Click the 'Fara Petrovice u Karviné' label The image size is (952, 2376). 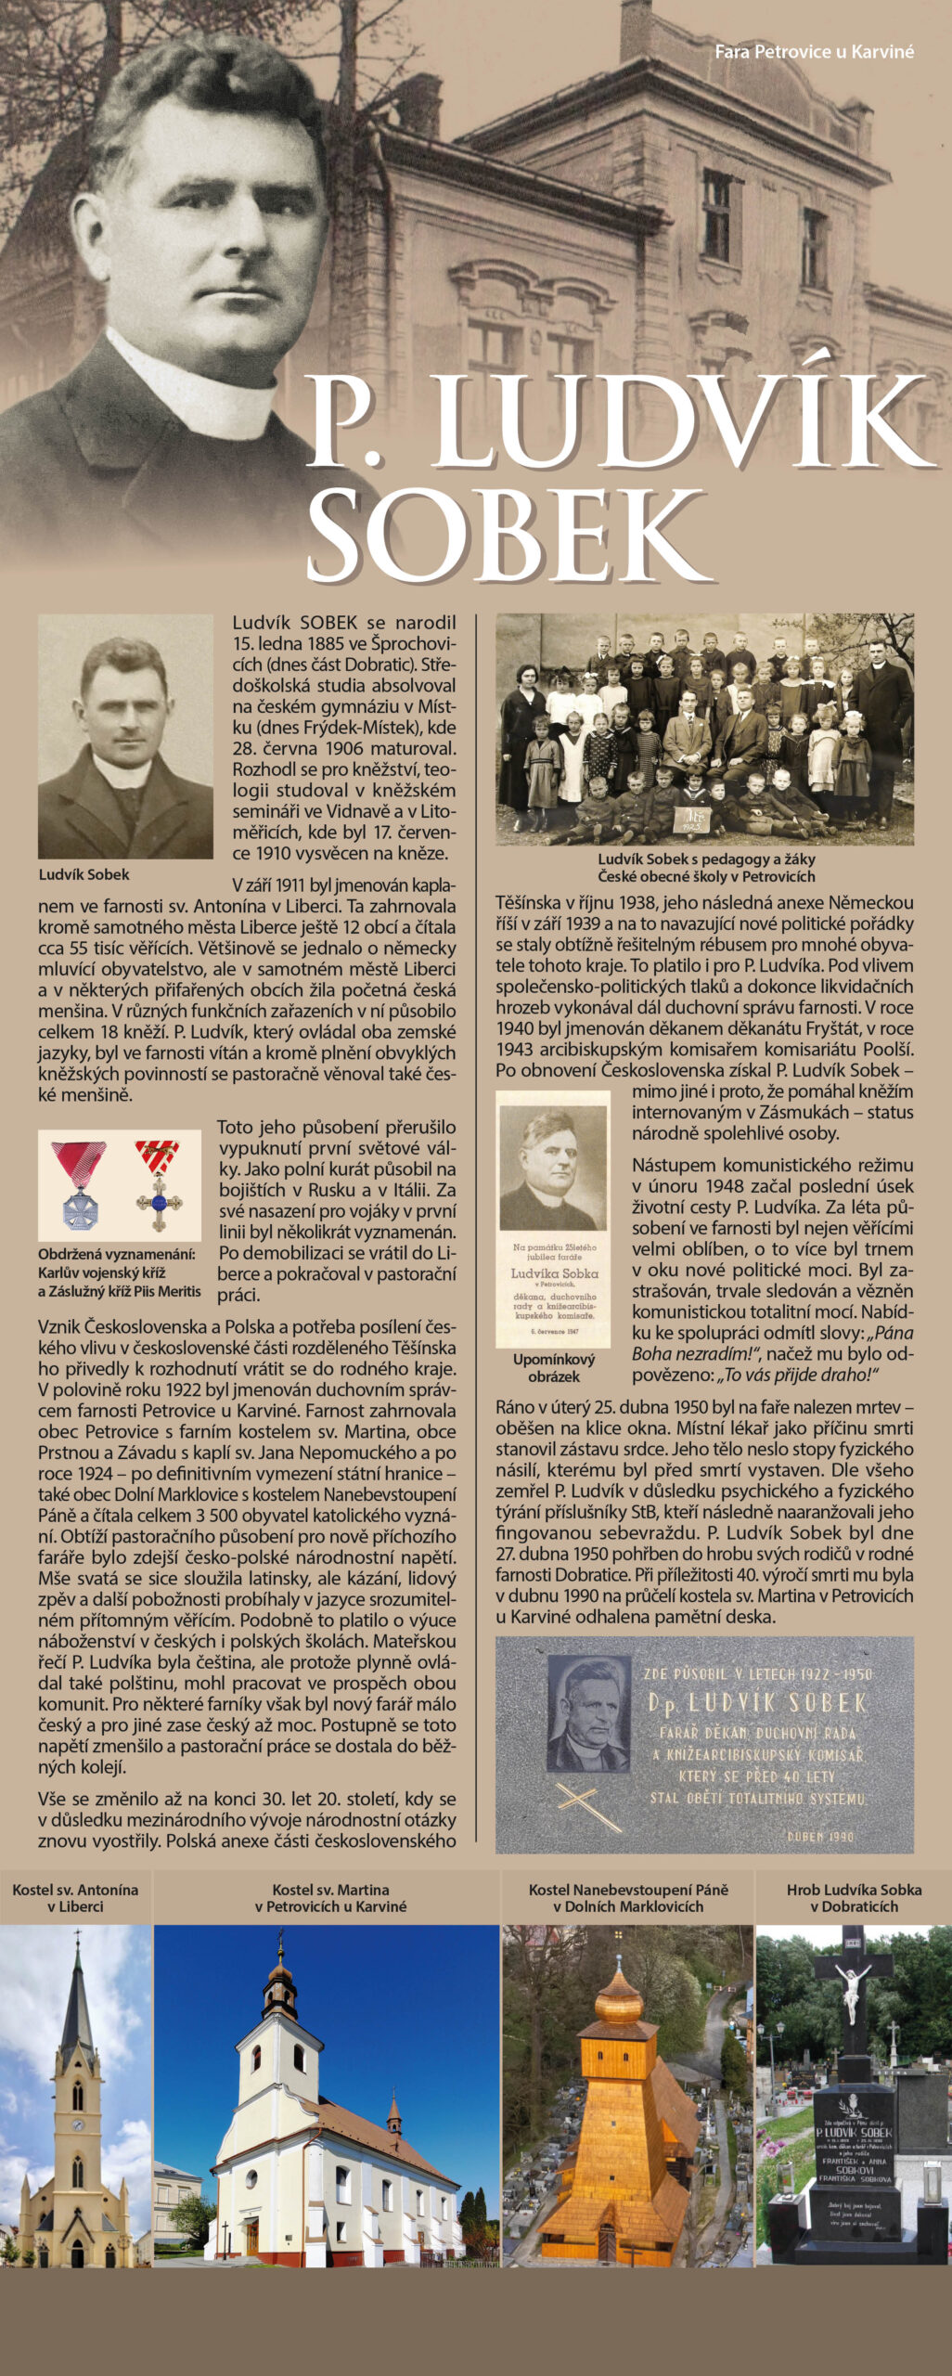[814, 52]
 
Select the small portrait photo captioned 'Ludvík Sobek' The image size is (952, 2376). [125, 735]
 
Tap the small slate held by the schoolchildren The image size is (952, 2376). [692, 820]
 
